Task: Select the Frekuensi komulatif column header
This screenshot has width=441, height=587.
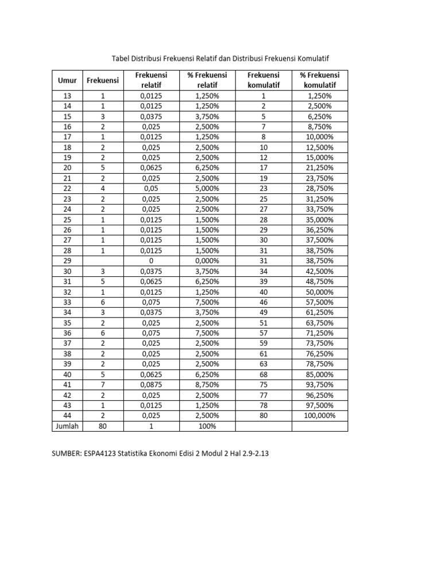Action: click(263, 80)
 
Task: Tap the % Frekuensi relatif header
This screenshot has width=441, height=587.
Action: click(207, 80)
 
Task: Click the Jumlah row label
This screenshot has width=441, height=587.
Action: click(67, 426)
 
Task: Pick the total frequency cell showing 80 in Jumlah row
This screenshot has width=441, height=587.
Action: click(103, 426)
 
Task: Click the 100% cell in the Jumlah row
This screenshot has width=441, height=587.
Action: click(207, 426)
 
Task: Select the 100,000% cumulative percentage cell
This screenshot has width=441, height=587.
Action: click(320, 416)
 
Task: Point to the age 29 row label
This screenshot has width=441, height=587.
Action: click(67, 261)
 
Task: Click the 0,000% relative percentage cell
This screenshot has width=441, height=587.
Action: click(207, 261)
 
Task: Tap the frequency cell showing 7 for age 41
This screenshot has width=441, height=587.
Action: click(103, 385)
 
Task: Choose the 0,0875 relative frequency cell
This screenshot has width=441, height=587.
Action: click(152, 385)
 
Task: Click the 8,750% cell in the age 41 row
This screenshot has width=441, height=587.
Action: click(207, 385)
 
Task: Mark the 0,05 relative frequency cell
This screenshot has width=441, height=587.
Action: click(152, 189)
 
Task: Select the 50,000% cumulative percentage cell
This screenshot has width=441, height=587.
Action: click(320, 292)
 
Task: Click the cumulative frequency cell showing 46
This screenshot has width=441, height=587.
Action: click(264, 302)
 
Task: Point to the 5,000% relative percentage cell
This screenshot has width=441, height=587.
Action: click(207, 189)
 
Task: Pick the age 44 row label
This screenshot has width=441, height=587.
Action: click(67, 416)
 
